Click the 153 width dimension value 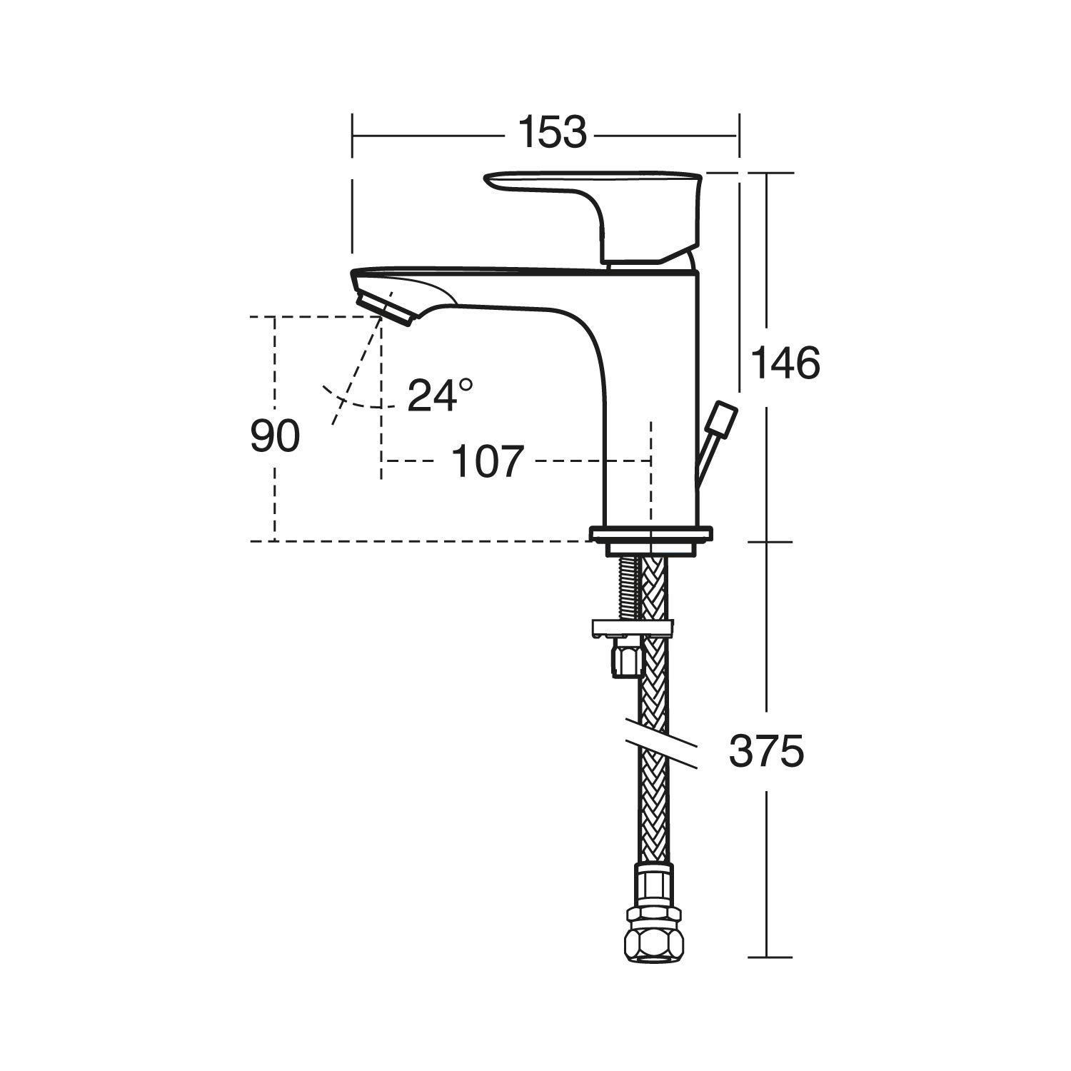coord(552,133)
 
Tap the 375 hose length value coord(766,751)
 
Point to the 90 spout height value coord(275,436)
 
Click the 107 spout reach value coord(488,461)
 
